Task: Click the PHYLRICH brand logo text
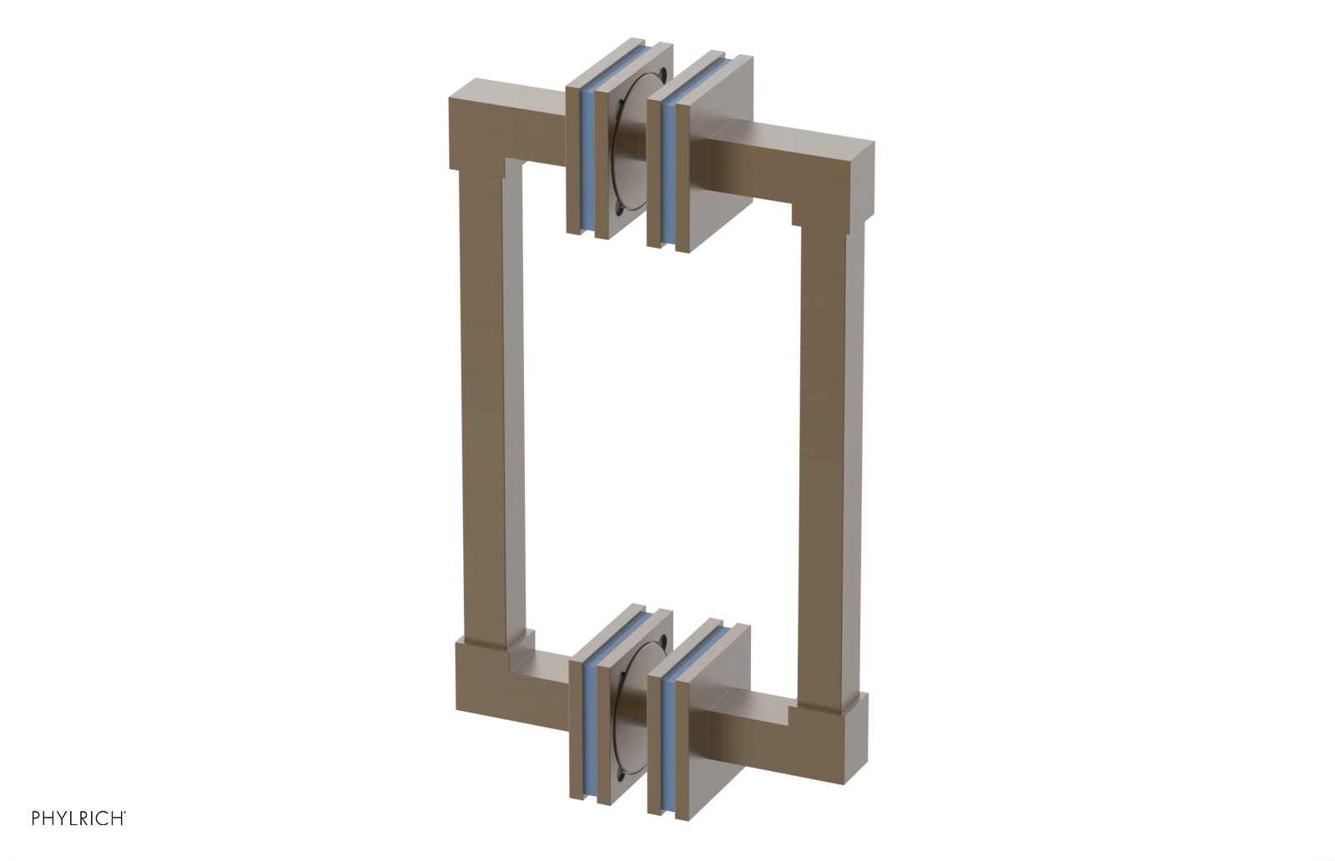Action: (78, 818)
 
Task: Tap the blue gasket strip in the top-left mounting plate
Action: (587, 159)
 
